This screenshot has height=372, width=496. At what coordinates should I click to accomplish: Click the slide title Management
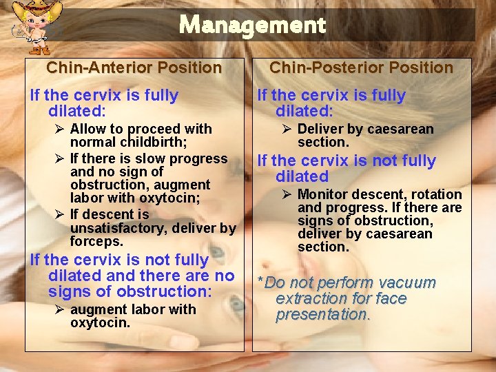(x=251, y=25)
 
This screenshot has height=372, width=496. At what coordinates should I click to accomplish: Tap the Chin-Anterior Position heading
(x=134, y=68)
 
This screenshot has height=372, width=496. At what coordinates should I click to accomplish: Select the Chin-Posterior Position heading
(x=361, y=68)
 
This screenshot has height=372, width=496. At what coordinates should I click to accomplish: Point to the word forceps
(x=96, y=241)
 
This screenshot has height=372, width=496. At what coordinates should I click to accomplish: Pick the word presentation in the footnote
(x=323, y=315)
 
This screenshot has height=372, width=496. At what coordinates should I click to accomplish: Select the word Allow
(x=87, y=130)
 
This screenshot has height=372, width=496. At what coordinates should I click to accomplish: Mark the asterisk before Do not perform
(x=260, y=282)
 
